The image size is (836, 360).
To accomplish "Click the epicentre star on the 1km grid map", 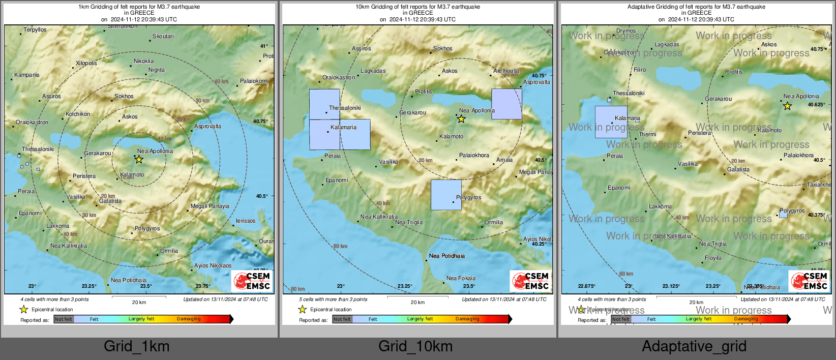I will coord(139,160).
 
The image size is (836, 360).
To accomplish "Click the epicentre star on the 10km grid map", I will coord(461,119).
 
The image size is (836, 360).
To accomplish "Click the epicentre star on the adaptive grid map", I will coord(787,106).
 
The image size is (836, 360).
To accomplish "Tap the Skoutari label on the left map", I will coord(163,37).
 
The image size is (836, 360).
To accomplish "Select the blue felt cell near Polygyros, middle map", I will coord(446,195).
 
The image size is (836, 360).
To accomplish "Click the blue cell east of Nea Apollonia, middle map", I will coord(506,104).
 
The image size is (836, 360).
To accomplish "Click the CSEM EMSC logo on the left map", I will coord(252,281).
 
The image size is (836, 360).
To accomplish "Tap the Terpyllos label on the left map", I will coord(35,30).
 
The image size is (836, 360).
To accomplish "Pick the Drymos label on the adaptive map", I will coord(626,31).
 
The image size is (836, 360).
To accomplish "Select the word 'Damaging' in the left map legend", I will coord(189,319).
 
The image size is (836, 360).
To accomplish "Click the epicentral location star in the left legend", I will coord(24,309).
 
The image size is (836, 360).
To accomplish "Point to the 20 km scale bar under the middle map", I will coord(417,297).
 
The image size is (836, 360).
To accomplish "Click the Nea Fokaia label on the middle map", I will coord(461,279).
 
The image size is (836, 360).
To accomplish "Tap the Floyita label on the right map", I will coord(713,258).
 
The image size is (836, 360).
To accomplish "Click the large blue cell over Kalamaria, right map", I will coord(611,122).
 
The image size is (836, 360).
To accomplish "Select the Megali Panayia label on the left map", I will coord(210,206).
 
